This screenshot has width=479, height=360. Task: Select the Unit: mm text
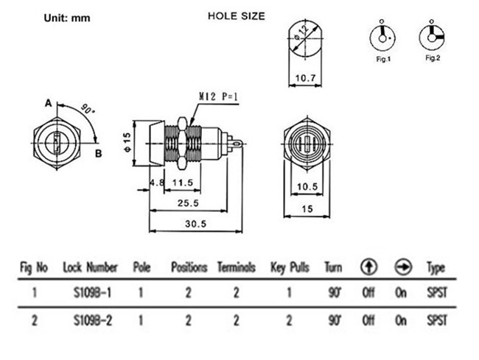64,16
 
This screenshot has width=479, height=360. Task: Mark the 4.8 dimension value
155,182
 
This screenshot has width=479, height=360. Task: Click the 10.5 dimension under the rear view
307,186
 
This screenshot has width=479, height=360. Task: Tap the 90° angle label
88,109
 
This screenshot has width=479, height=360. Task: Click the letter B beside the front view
97,153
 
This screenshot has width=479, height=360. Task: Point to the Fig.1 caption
382,59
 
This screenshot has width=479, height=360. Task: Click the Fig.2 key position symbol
432,35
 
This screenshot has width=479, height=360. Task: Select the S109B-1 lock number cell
91,292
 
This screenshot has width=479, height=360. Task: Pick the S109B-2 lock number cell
91,320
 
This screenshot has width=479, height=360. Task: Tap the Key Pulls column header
290,267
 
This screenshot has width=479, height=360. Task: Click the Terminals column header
236,267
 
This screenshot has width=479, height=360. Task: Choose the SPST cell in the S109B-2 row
436,320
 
